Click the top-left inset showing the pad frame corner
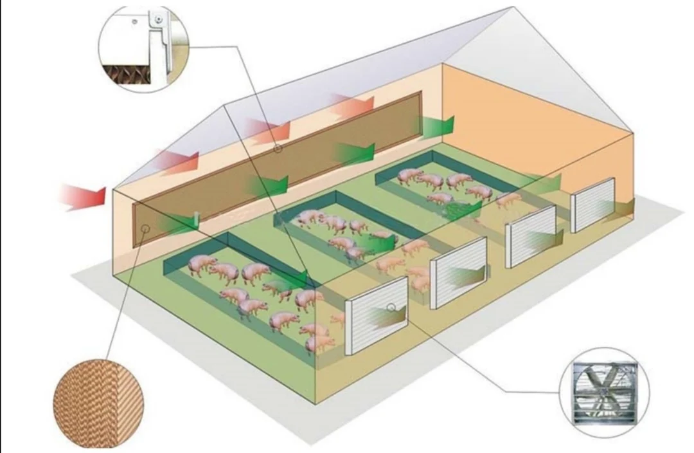(143, 48)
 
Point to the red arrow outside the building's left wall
(83, 196)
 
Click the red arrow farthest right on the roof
(353, 105)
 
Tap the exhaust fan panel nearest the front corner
(376, 315)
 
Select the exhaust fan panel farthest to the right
(592, 204)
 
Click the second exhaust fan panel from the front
(458, 272)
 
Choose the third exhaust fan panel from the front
(530, 236)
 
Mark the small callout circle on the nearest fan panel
(391, 307)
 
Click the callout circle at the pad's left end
(146, 228)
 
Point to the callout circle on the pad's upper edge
(278, 149)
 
